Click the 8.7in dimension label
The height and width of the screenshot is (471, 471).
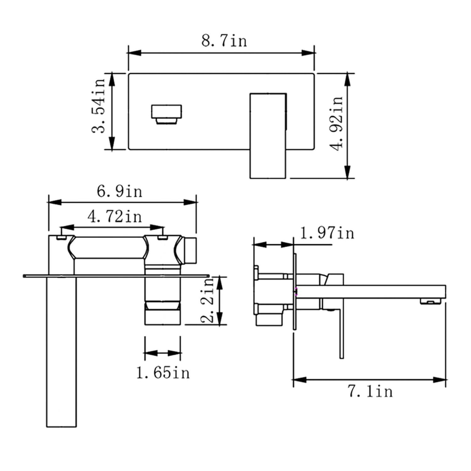point(224,41)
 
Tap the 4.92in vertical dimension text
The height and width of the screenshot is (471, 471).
point(337,123)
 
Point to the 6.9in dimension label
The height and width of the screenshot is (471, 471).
point(119,191)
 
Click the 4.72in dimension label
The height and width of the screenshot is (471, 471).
point(115,217)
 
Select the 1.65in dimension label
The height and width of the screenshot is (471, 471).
point(163,373)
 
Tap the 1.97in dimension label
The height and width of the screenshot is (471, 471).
point(327,233)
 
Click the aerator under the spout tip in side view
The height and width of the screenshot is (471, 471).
point(431,302)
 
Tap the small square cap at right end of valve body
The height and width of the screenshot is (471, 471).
point(190,251)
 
